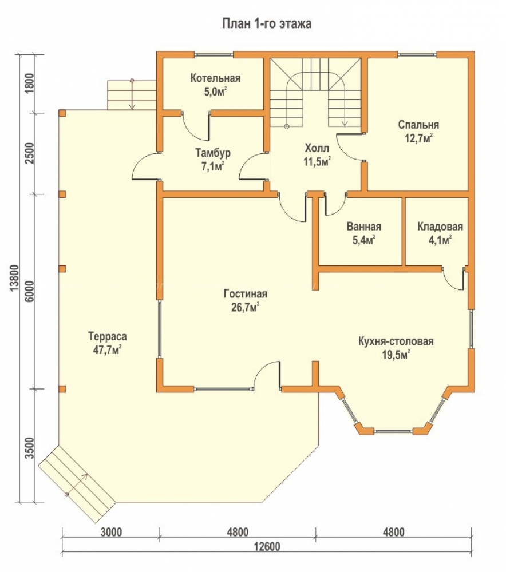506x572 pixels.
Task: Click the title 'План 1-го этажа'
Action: click(267, 23)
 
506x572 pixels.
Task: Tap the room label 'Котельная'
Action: click(215, 78)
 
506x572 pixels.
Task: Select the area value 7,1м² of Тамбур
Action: click(213, 166)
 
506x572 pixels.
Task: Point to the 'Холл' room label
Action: click(317, 148)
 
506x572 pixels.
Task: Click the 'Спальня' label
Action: click(418, 125)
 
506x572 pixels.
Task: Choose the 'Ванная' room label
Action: click(364, 227)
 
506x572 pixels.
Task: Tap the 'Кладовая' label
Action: click(440, 227)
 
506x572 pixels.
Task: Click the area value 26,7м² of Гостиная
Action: click(246, 307)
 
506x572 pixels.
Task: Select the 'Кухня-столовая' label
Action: click(396, 341)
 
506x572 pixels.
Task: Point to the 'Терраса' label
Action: click(108, 336)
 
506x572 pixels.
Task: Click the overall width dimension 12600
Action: click(267, 547)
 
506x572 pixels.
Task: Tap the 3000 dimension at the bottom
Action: click(112, 532)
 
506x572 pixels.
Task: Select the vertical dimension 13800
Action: click(14, 278)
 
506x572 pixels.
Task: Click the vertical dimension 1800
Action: click(29, 83)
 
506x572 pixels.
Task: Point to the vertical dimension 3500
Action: click(29, 448)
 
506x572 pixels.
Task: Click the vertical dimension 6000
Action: click(29, 291)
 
